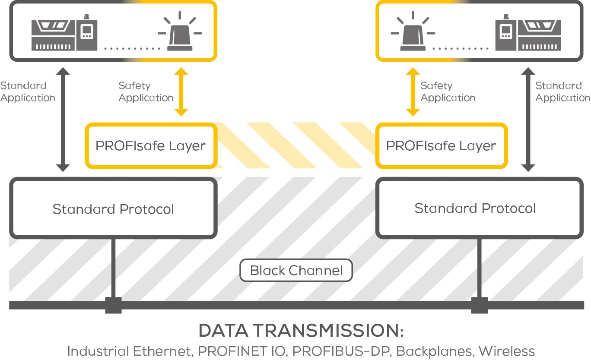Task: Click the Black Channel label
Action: click(x=296, y=271)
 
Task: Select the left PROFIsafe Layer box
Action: click(x=150, y=145)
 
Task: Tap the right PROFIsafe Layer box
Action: click(x=441, y=145)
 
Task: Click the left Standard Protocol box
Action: click(x=113, y=209)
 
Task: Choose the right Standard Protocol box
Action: click(x=475, y=208)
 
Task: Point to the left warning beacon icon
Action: click(x=180, y=34)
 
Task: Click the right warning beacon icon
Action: click(x=413, y=34)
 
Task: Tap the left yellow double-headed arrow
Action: click(x=181, y=92)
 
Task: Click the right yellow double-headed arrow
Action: click(x=413, y=92)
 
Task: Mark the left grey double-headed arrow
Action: click(x=63, y=120)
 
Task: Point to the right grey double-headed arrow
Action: click(x=528, y=120)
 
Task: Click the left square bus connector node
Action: click(x=114, y=305)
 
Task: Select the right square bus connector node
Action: click(x=479, y=305)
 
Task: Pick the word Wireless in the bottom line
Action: click(x=506, y=351)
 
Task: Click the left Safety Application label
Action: click(x=146, y=92)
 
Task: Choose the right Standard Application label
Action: click(x=562, y=92)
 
